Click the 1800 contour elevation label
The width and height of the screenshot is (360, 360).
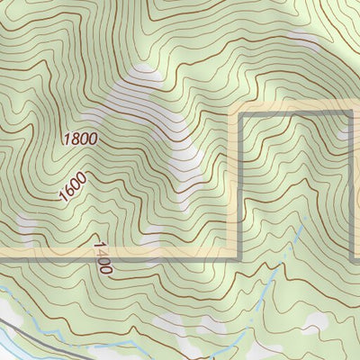click(x=80, y=139)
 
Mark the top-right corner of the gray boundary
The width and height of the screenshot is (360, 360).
click(x=351, y=115)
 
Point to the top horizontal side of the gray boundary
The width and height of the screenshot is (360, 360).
click(x=297, y=115)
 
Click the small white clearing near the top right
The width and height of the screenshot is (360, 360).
click(x=306, y=45)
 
